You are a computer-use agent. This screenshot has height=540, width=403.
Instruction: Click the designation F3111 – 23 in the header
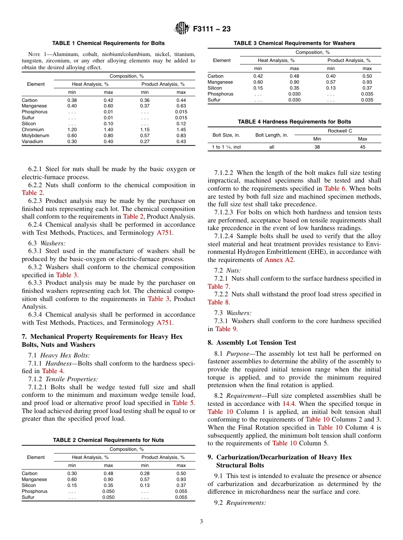point(212,29)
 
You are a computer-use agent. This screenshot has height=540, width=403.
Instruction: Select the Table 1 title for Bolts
point(108,43)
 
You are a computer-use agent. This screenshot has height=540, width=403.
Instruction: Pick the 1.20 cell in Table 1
point(72,129)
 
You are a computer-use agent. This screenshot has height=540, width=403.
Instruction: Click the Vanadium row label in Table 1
point(32,141)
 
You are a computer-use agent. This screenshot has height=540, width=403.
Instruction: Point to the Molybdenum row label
point(35,135)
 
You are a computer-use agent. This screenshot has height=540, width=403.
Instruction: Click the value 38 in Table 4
point(317,147)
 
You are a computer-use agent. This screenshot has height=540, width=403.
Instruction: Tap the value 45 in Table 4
point(362,147)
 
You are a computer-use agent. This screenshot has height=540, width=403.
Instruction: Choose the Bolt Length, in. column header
point(271,135)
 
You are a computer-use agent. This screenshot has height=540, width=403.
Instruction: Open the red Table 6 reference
point(335,188)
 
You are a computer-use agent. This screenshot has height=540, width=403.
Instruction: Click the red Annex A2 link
point(279,260)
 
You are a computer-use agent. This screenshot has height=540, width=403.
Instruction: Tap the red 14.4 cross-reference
point(288,404)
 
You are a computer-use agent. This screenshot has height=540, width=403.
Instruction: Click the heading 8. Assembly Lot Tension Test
point(252,343)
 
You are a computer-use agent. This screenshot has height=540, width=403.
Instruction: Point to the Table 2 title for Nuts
point(108,440)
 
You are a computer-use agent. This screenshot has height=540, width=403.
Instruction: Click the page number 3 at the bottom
point(201,522)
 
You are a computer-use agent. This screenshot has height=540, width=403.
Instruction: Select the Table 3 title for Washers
point(294,43)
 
